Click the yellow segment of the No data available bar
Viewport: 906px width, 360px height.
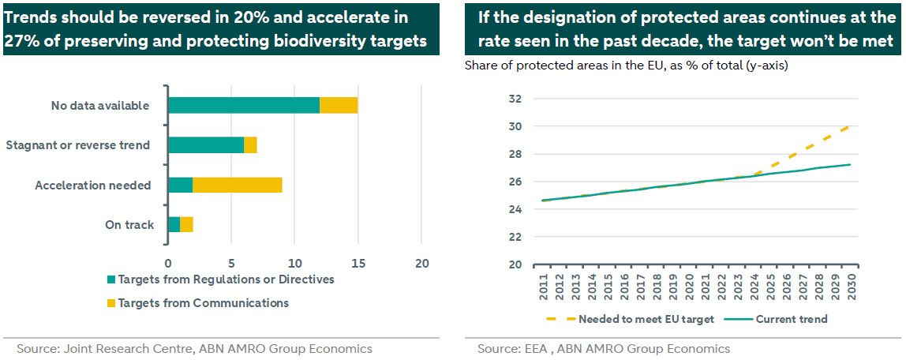click(x=339, y=105)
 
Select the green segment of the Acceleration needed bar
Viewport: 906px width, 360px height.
click(x=180, y=186)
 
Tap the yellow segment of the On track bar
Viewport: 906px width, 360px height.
click(x=186, y=225)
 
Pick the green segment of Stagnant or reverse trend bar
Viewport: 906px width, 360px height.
click(x=206, y=145)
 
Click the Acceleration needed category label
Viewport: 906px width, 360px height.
click(x=92, y=186)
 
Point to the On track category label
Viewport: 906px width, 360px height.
click(x=129, y=225)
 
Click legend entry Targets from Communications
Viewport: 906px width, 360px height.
click(x=197, y=303)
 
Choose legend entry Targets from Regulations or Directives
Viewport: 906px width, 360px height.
click(x=219, y=279)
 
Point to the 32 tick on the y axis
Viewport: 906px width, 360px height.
click(x=517, y=99)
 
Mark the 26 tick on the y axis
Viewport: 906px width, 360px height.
click(x=517, y=182)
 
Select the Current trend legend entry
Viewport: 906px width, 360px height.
click(x=790, y=320)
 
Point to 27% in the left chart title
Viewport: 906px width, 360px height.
click(x=23, y=42)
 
